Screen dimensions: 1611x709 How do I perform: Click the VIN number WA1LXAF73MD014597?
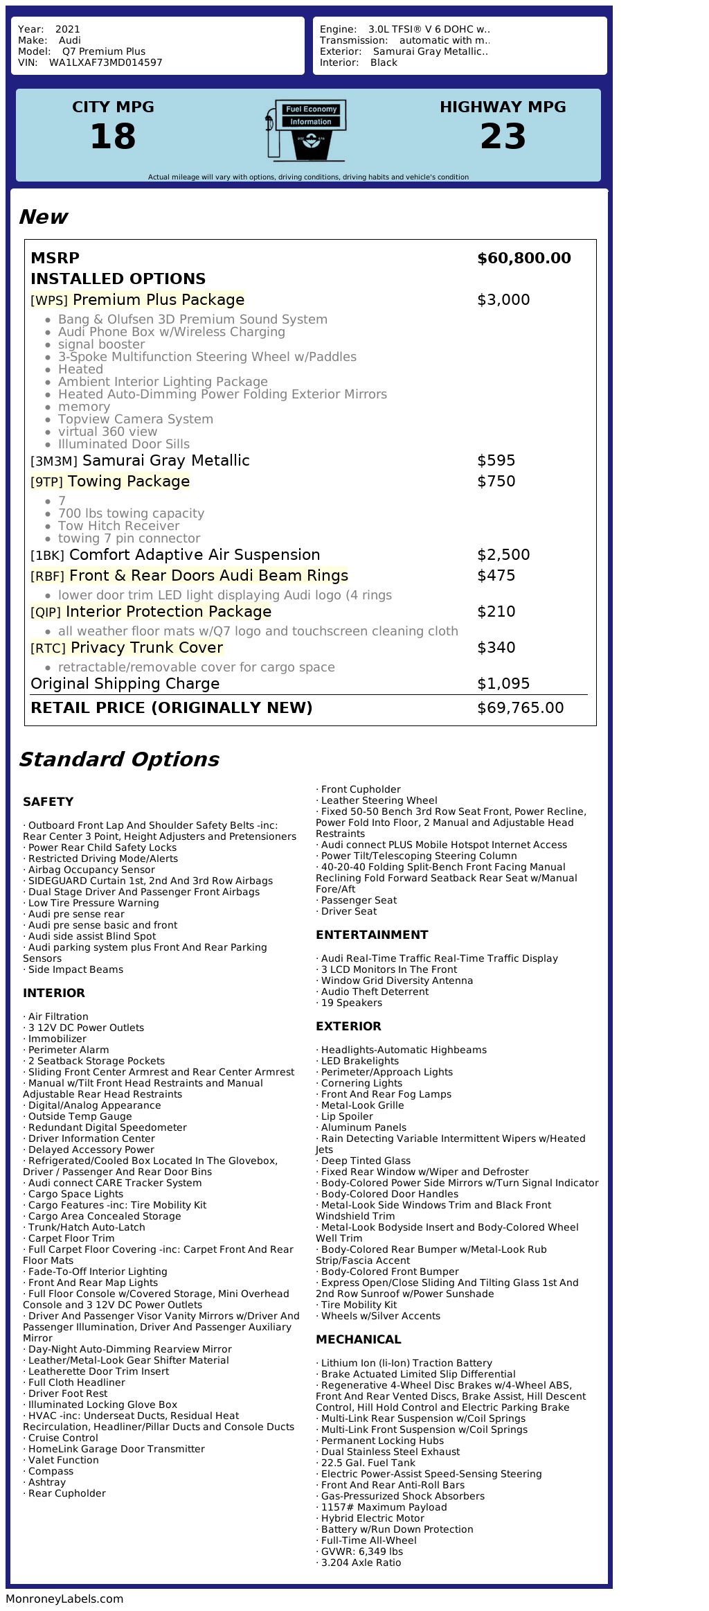[105, 62]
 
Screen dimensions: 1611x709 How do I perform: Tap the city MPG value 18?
[113, 137]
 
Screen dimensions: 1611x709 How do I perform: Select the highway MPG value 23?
[503, 137]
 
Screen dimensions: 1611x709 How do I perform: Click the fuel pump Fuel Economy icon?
[305, 130]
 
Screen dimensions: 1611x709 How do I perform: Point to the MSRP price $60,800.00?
[524, 258]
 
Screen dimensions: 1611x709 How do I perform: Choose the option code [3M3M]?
[54, 461]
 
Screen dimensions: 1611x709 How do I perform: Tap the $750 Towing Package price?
[496, 482]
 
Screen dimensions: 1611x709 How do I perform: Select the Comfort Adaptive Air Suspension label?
[195, 555]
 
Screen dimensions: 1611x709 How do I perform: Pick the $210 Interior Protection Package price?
[496, 612]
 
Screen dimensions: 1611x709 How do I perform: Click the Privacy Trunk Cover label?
[147, 648]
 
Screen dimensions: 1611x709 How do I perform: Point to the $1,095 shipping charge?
[503, 684]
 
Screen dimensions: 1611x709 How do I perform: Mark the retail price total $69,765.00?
[520, 708]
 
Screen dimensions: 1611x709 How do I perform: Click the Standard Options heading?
[118, 759]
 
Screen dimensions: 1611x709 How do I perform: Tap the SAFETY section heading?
[48, 802]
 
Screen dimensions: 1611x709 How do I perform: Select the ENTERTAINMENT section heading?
[372, 935]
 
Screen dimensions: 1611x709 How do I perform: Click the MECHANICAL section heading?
[358, 1339]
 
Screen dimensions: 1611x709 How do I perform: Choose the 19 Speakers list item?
[351, 1003]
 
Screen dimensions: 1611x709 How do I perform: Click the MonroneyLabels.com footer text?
[64, 1599]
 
